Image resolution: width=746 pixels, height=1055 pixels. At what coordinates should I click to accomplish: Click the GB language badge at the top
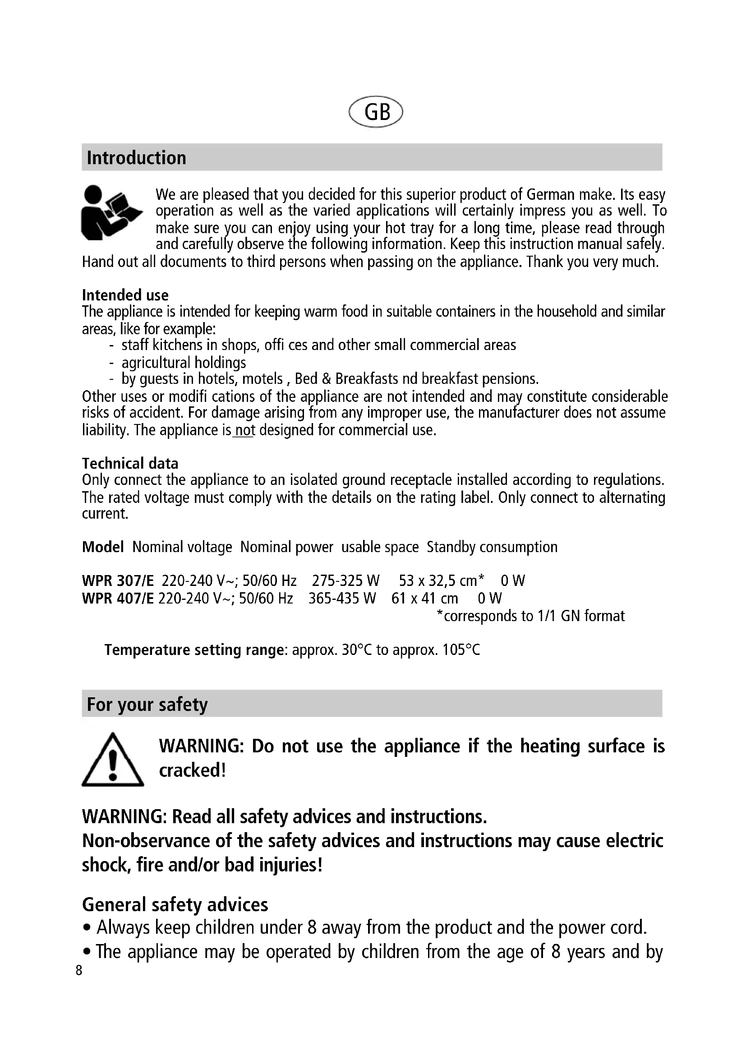tap(376, 112)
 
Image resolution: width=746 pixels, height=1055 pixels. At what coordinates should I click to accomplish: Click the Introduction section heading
tap(136, 157)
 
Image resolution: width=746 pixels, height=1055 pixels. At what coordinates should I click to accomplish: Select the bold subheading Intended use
tap(125, 295)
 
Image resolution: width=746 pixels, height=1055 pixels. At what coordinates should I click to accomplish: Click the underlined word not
tap(244, 430)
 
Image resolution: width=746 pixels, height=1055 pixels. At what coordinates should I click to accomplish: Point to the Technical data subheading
tap(130, 463)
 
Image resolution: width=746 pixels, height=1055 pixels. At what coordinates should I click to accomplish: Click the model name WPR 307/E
tap(118, 581)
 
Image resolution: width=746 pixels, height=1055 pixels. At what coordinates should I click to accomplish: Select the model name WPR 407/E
tap(118, 598)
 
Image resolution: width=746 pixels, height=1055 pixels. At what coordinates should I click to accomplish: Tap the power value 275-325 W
tap(345, 581)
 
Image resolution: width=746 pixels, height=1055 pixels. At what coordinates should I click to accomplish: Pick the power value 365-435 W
tap(342, 598)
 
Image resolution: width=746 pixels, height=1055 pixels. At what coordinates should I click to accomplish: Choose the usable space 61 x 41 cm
tap(424, 598)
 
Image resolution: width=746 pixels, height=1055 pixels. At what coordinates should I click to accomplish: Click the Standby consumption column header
tap(492, 547)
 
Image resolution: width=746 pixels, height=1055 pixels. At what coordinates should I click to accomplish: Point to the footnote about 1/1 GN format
tap(530, 616)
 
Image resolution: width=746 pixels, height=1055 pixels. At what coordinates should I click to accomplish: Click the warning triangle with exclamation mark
tap(113, 760)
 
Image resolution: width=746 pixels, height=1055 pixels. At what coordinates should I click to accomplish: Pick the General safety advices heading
tap(175, 904)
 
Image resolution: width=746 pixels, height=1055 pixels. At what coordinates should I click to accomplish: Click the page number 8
tap(79, 970)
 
